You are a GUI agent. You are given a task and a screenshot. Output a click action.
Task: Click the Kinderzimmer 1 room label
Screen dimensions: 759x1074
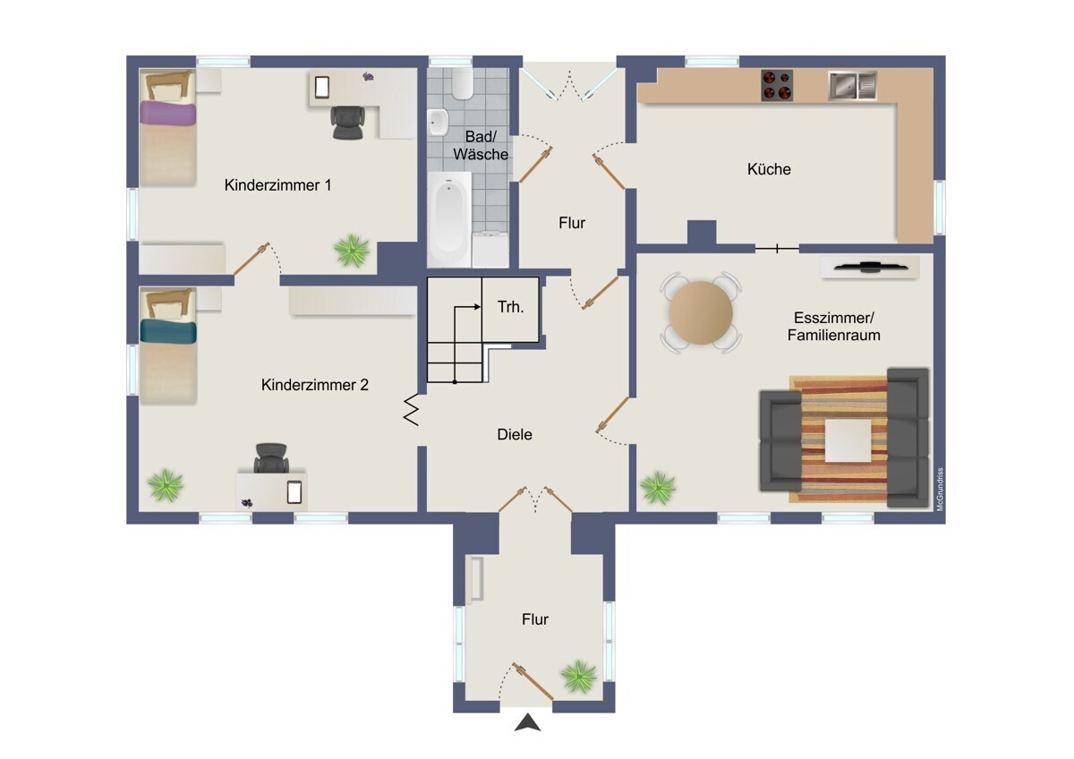[278, 185]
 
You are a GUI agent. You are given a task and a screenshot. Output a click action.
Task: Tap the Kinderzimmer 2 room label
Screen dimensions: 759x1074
[315, 385]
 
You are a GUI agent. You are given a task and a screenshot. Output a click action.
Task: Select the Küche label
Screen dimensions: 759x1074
[769, 168]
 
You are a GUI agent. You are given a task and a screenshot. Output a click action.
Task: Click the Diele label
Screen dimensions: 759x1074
[515, 434]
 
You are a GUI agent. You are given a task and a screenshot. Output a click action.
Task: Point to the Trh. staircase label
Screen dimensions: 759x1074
[510, 307]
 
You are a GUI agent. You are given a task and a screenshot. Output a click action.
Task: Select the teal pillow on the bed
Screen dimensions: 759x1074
[167, 332]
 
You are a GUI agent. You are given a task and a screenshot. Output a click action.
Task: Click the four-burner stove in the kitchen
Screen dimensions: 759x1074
[777, 85]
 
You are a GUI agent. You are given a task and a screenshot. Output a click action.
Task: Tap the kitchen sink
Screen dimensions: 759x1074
[851, 85]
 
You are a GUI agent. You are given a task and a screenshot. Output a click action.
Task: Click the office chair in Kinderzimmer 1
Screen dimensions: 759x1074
[349, 123]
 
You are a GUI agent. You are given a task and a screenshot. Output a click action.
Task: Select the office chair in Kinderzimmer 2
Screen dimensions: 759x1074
[271, 458]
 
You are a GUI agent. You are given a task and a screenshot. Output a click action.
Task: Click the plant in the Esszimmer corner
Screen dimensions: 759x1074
[658, 488]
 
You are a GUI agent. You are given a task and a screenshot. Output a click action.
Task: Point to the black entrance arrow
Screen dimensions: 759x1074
[528, 722]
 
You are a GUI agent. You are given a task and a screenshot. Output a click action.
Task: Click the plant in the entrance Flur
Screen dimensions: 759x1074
[579, 676]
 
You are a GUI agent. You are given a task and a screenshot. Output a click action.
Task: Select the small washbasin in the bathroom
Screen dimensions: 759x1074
[439, 120]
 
